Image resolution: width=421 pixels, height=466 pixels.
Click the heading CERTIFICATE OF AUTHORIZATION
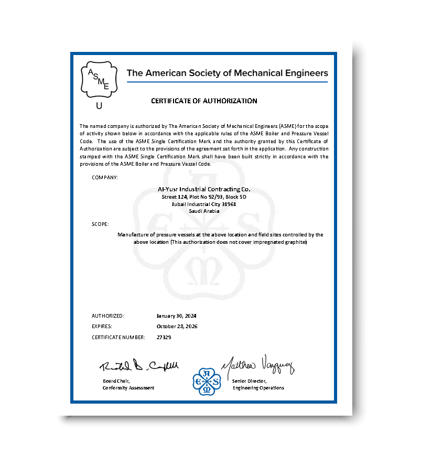pos(204,101)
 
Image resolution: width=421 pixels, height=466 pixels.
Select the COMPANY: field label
pos(105,177)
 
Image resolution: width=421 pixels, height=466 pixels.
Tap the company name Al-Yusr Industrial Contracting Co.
pos(204,189)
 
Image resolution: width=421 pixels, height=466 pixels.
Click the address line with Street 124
pos(204,197)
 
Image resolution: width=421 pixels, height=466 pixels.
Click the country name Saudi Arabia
pos(204,211)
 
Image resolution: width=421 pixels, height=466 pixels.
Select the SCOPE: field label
pos(100,224)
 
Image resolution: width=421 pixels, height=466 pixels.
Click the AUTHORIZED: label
pos(108,316)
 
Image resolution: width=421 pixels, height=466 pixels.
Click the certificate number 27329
pos(164,337)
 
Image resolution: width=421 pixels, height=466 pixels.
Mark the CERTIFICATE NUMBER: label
pos(118,337)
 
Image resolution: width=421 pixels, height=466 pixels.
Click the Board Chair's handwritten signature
pos(139,365)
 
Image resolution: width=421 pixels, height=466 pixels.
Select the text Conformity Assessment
pos(128,388)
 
